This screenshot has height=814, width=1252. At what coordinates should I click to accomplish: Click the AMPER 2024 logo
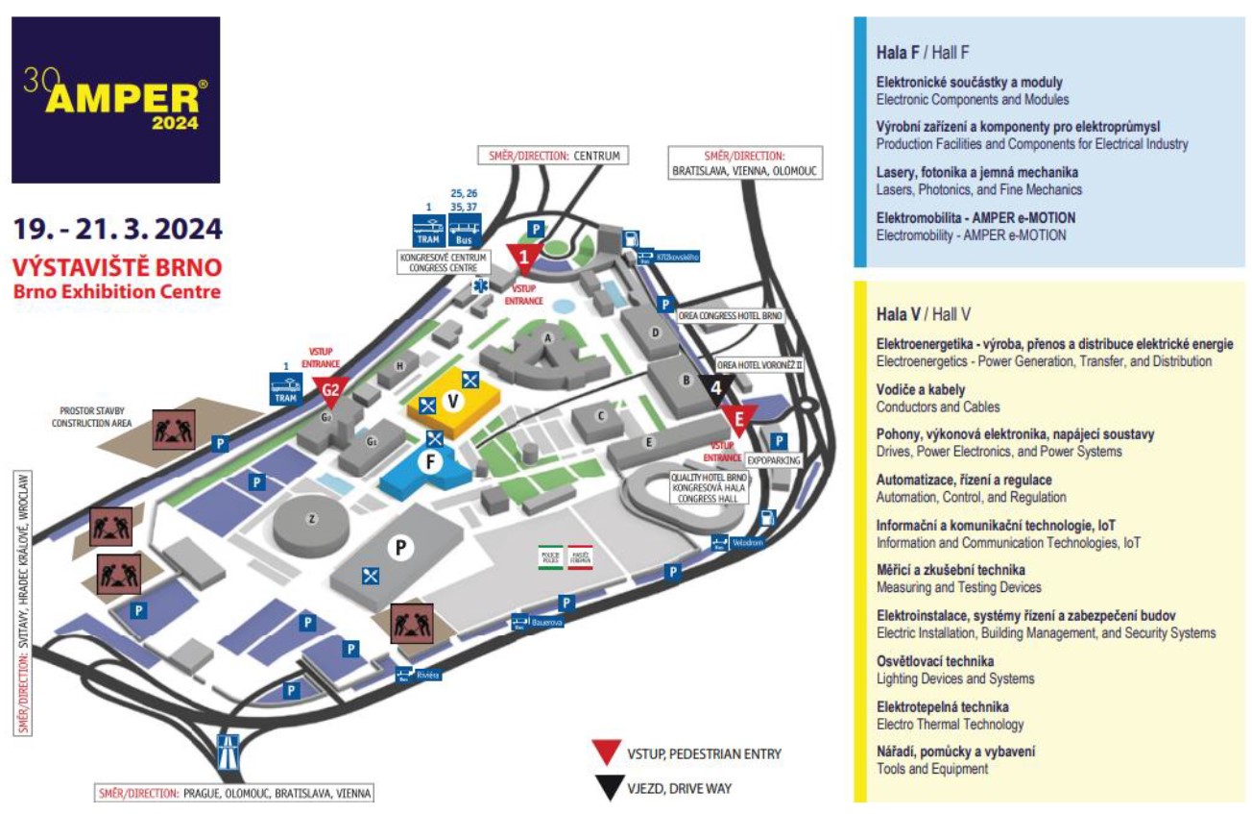(x=115, y=99)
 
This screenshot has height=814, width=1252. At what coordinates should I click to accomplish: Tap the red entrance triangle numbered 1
(x=523, y=257)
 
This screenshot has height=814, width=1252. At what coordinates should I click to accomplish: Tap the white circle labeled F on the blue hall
(x=430, y=461)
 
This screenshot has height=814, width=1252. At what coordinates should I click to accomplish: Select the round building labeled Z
(x=310, y=520)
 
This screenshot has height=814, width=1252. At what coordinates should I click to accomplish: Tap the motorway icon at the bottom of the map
(x=229, y=750)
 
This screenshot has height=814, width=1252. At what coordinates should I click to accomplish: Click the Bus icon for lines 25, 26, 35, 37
(x=465, y=231)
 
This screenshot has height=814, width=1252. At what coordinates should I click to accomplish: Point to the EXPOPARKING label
(x=773, y=460)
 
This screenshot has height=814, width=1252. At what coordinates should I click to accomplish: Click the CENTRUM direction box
(x=551, y=155)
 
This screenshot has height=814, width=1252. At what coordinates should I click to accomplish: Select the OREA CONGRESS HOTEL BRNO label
(x=731, y=316)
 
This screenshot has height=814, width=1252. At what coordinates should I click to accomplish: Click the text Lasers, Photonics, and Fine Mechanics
(x=979, y=189)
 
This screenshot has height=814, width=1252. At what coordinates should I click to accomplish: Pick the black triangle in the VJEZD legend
(x=609, y=788)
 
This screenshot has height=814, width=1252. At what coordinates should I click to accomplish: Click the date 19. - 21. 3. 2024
(x=117, y=230)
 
